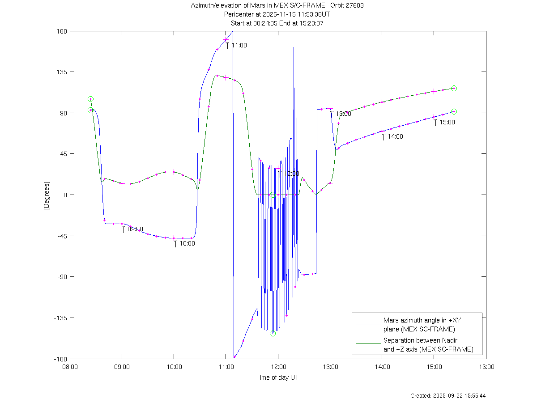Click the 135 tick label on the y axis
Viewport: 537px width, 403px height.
62,72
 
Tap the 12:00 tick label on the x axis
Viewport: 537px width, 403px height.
278,366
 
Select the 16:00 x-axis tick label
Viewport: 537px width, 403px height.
486,366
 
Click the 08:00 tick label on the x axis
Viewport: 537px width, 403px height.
70,366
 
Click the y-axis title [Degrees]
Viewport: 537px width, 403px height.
46,195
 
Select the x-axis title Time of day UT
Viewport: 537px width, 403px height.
277,378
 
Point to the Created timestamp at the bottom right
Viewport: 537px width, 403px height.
448,396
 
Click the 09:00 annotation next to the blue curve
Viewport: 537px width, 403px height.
135,229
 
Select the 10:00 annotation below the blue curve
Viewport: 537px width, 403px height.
187,244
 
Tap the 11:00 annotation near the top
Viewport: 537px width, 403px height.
239,45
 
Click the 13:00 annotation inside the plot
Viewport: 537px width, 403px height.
343,114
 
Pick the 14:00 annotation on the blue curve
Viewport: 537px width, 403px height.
395,136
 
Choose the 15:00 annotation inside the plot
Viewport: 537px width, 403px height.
447,122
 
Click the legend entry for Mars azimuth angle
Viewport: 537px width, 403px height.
419,325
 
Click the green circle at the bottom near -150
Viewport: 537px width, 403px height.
273,333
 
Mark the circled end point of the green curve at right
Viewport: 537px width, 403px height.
454,88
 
